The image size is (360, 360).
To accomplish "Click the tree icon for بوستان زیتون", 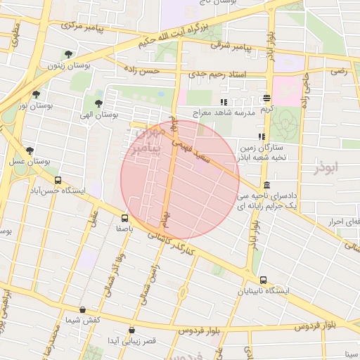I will (x=68, y=54).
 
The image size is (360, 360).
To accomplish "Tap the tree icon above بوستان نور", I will (x=36, y=94).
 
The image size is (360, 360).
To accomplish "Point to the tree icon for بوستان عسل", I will (x=30, y=150).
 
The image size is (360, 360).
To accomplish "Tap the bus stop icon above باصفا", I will (x=124, y=218).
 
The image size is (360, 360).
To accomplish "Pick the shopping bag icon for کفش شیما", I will (x=83, y=309).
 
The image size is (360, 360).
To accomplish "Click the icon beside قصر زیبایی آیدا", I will (x=132, y=329).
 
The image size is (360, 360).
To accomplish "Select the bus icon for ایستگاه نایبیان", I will (x=263, y=280).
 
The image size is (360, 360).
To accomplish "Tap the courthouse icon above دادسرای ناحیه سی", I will (x=267, y=184).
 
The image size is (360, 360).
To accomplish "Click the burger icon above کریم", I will (x=266, y=98).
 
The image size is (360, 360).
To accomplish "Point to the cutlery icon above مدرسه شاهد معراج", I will (x=224, y=102).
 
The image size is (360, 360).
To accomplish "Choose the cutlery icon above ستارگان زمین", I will (x=261, y=136).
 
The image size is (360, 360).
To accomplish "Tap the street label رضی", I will (x=340, y=72).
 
